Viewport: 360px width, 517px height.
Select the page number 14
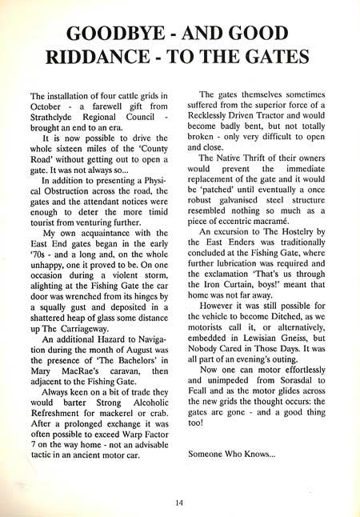(180, 501)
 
